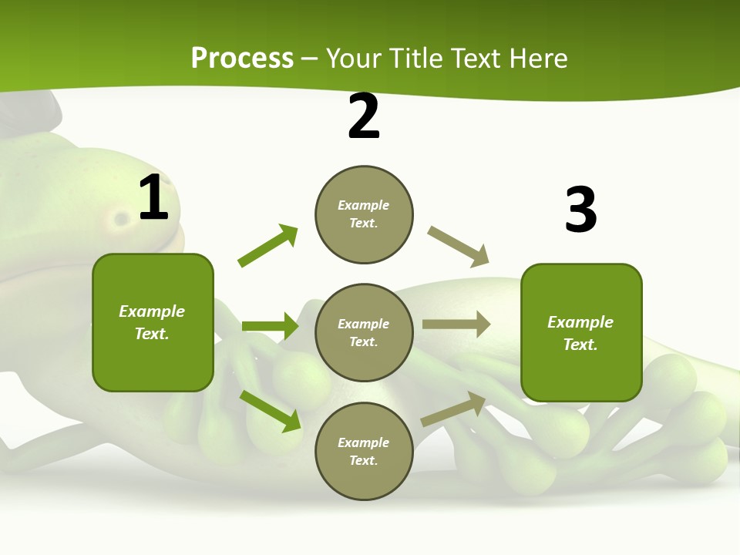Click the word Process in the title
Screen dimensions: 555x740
(x=242, y=59)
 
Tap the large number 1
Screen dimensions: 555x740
(x=153, y=198)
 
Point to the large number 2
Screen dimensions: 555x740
(x=364, y=117)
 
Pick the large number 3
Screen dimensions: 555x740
(x=580, y=210)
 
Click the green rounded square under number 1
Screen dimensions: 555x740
(x=153, y=322)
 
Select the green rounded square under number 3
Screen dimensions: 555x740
(x=581, y=333)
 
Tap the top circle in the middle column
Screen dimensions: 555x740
(x=364, y=214)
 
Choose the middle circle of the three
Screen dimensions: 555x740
(x=364, y=332)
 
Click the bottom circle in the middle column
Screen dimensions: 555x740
(x=364, y=451)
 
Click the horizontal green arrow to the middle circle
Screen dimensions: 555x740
(x=270, y=326)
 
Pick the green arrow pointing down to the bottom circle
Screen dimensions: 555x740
(x=270, y=410)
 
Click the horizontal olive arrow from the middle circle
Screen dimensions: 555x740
(x=456, y=325)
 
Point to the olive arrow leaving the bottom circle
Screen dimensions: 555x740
(x=453, y=409)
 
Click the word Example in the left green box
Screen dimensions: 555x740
(x=152, y=311)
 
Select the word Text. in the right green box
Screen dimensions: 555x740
(x=580, y=345)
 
